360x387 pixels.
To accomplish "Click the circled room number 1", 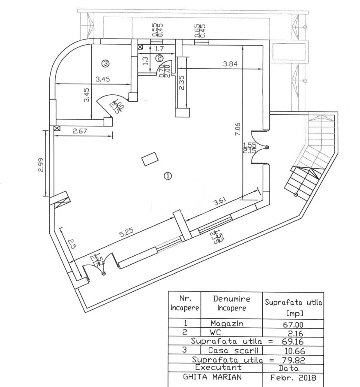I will click(168, 175).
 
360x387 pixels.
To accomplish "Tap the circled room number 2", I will click(159, 57).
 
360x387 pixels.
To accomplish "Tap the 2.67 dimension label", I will click(80, 131).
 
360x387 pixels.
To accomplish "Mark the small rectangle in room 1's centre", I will click(150, 160).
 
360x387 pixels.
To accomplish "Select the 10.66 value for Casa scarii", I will click(294, 351).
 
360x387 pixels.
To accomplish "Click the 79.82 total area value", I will click(293, 360).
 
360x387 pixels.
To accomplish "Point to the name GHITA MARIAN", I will click(212, 378).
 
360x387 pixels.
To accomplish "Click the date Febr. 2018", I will click(294, 378).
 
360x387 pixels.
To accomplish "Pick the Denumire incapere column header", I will click(231, 303).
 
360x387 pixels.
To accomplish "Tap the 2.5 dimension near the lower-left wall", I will click(72, 244).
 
